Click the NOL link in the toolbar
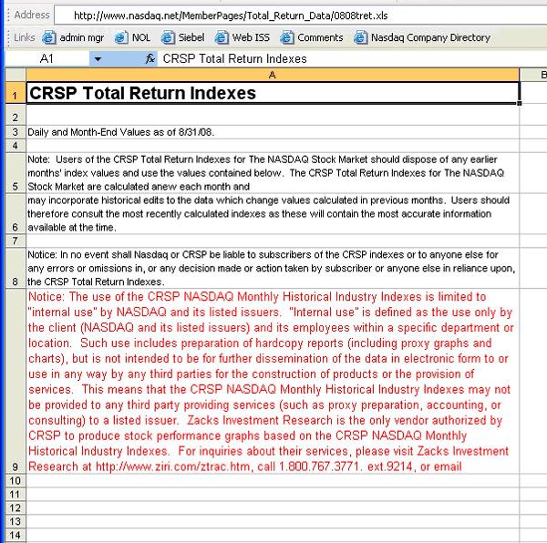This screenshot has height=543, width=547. [x=133, y=37]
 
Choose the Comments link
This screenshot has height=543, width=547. [x=313, y=37]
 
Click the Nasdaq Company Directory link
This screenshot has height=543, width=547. [x=422, y=37]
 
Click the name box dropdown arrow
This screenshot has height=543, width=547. [x=98, y=58]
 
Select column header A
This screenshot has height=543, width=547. [x=272, y=74]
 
